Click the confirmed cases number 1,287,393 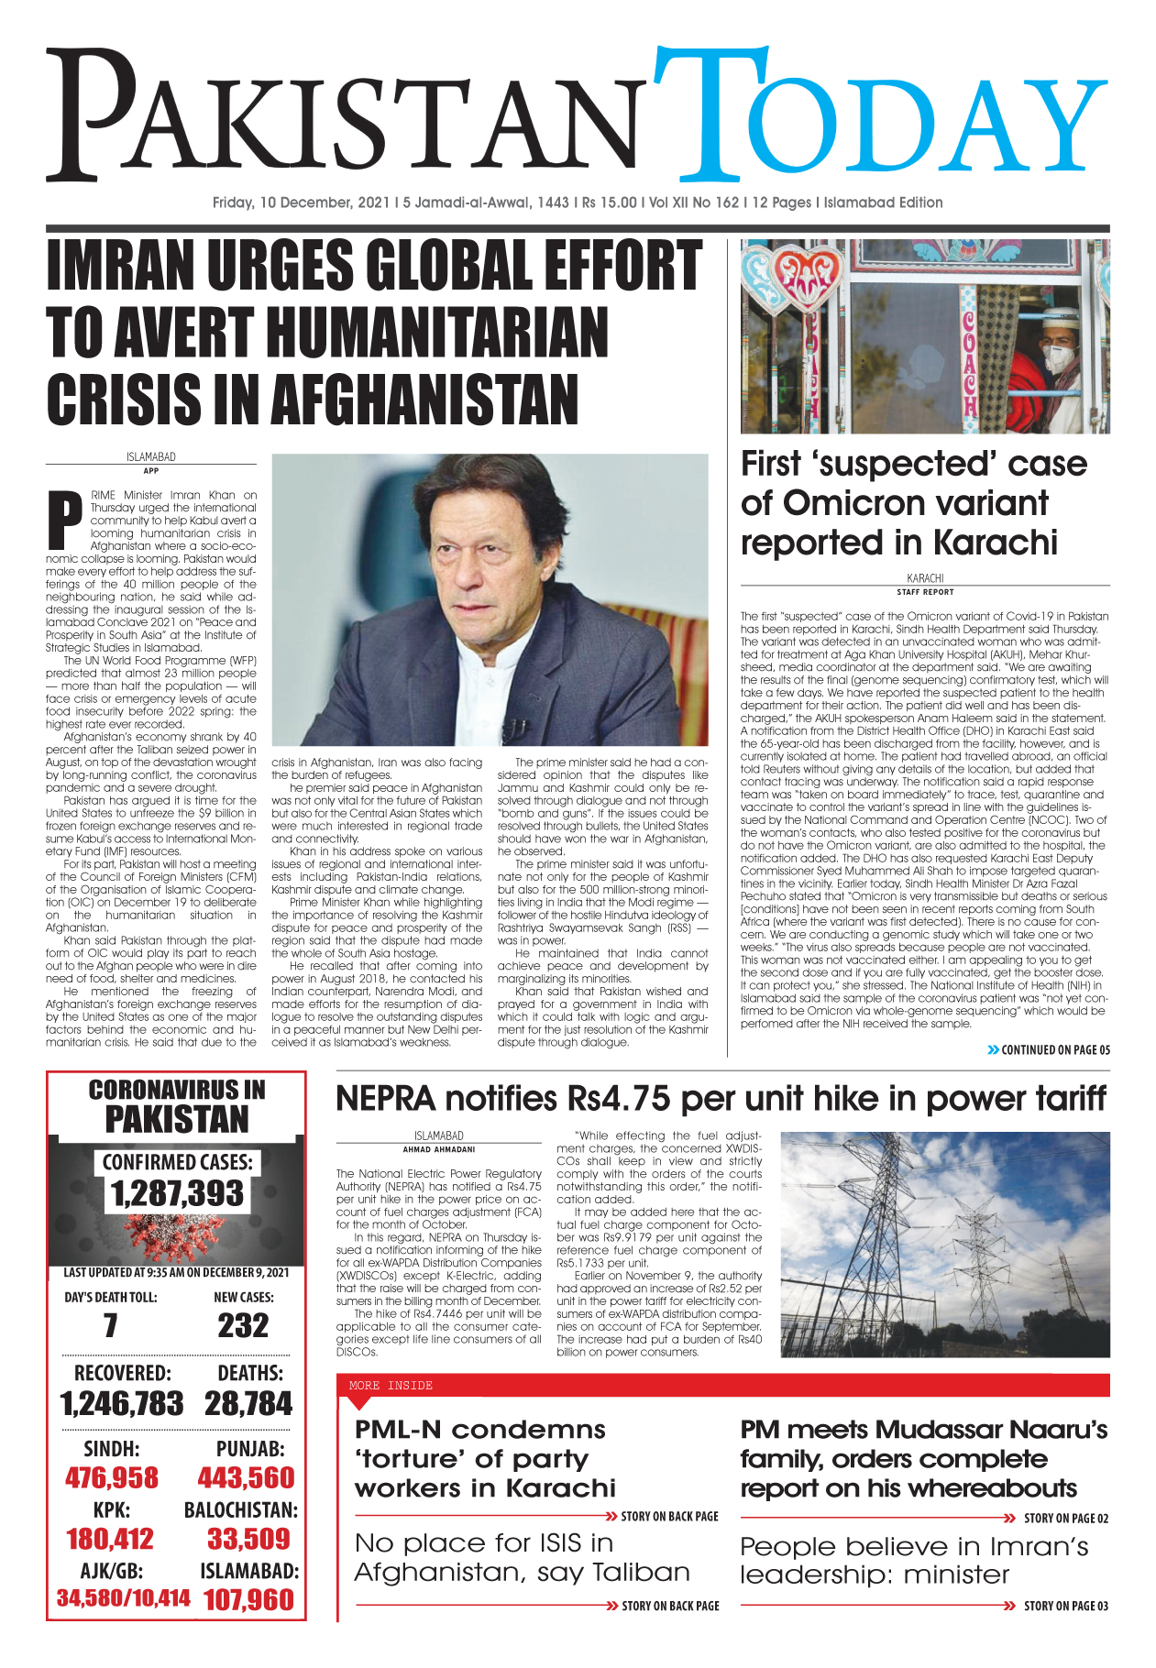177,1194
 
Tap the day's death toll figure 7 110,1325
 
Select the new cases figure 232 243,1325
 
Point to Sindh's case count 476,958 112,1478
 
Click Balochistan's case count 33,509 248,1539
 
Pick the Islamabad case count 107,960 248,1600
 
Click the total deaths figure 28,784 248,1403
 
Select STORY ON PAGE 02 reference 1065,1519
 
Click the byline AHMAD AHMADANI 438,1149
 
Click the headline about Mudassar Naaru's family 923,1458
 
